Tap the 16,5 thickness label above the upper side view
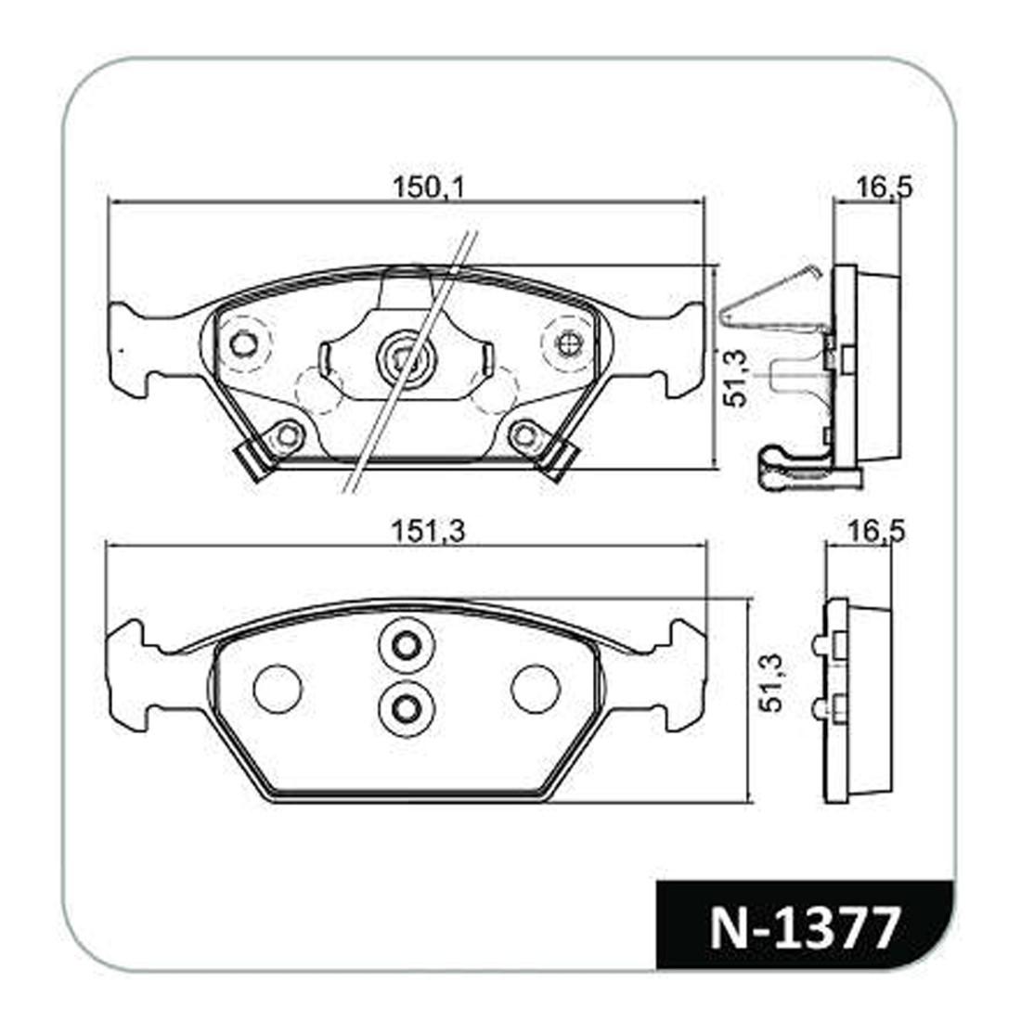[884, 187]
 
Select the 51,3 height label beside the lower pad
[770, 682]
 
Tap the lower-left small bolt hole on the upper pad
[288, 434]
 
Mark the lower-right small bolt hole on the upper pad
[524, 433]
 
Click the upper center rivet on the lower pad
[405, 644]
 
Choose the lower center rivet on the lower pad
[405, 708]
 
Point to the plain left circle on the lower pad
[278, 689]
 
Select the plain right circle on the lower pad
[536, 689]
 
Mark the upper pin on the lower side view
[819, 645]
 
